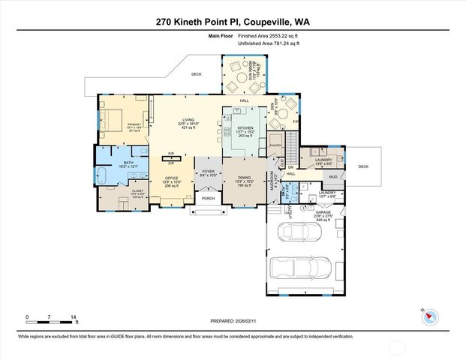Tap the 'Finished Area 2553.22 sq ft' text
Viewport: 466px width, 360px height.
(269, 36)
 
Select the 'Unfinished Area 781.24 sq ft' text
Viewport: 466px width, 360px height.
(269, 44)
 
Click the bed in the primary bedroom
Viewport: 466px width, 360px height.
(113, 119)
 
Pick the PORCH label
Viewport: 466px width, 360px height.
(207, 199)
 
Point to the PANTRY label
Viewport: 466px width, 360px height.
(275, 145)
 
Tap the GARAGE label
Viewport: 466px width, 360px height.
(323, 214)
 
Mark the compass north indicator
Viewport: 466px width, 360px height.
(429, 315)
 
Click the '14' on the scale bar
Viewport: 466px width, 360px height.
(74, 316)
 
